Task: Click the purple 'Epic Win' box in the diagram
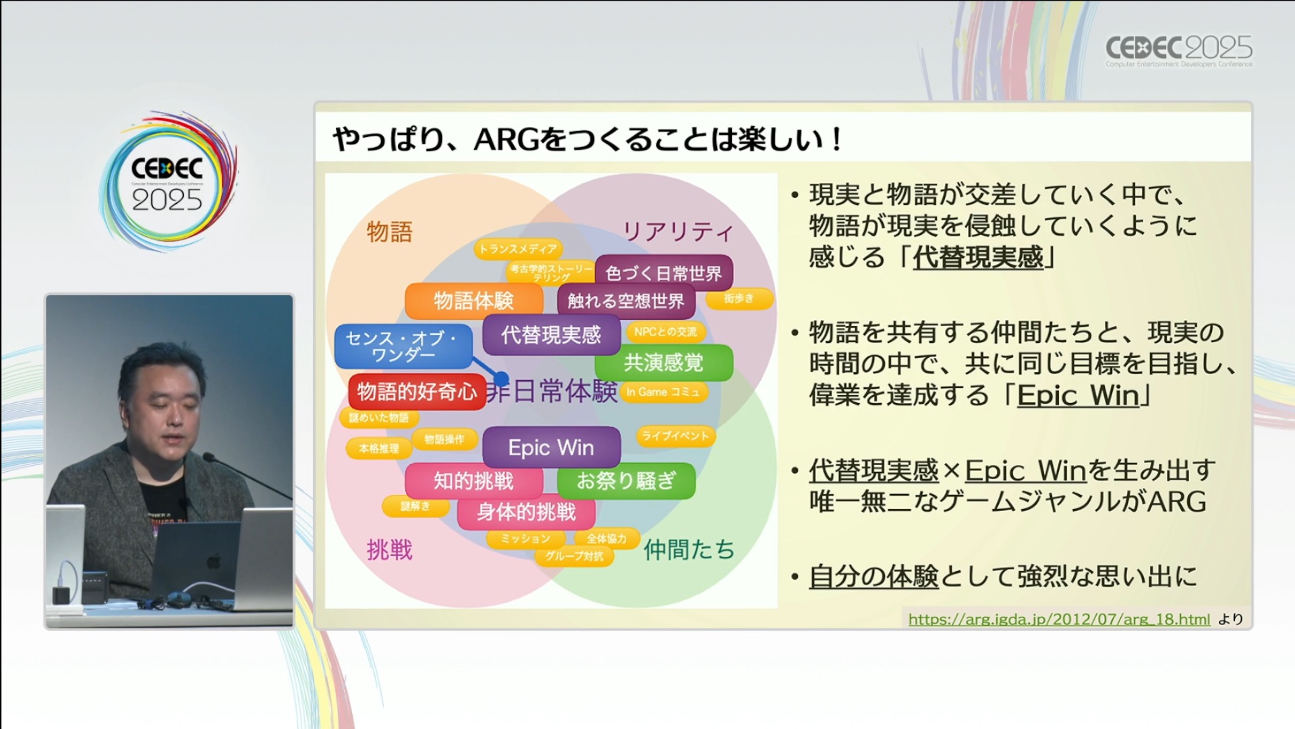click(551, 448)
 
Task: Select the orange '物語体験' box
click(473, 301)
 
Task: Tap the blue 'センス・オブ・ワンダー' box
click(403, 346)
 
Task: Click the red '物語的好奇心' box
click(416, 391)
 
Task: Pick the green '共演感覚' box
click(663, 362)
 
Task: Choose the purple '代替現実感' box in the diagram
click(550, 335)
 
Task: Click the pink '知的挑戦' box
click(473, 481)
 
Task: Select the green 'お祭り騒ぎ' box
click(626, 481)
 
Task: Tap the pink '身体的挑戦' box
click(526, 512)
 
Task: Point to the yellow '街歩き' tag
click(739, 298)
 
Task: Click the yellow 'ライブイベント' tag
click(675, 436)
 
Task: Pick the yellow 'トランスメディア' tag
click(518, 249)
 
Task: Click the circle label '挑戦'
click(389, 550)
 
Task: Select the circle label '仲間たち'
click(689, 550)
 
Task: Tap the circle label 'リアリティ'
click(677, 232)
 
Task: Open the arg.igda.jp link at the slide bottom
click(1059, 620)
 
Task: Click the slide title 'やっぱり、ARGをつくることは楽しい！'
click(587, 140)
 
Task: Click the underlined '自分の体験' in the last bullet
click(873, 576)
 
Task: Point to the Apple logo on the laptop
click(214, 560)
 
